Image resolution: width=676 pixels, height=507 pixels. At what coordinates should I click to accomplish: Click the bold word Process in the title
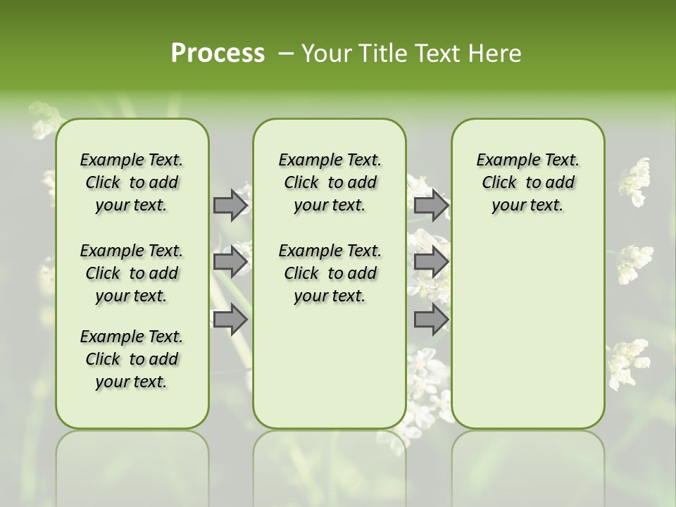point(218,54)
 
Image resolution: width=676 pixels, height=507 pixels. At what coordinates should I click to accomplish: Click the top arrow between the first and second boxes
point(230,206)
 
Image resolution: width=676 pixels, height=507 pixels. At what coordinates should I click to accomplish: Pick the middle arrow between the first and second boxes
point(230,263)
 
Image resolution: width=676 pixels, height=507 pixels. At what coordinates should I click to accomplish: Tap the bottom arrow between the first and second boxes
point(230,320)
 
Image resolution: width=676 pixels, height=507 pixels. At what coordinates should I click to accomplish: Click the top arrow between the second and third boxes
point(431,206)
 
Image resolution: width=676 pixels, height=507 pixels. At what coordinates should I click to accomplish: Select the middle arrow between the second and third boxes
point(431,263)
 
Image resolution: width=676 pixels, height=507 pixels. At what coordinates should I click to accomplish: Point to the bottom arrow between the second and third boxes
point(431,320)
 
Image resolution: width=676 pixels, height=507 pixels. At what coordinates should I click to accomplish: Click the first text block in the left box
point(132,182)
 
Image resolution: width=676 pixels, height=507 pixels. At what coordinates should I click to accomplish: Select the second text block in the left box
point(132,273)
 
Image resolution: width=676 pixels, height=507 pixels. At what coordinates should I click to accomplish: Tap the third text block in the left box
point(132,359)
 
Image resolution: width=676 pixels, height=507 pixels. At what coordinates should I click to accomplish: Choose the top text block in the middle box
point(330,182)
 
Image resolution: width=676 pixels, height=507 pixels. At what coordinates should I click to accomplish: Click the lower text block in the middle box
point(330,273)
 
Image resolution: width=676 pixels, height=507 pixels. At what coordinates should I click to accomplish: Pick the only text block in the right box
point(527,182)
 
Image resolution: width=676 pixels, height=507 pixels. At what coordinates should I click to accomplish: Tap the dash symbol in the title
point(285,54)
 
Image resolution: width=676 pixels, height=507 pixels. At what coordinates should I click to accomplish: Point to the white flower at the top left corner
point(44,120)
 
